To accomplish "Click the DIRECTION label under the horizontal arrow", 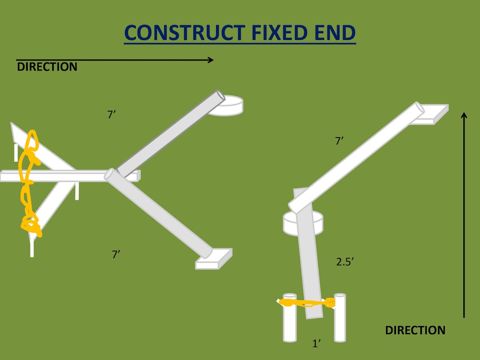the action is tap(47, 67).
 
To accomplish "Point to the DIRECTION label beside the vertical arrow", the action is tap(415, 330).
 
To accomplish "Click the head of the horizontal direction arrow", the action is tap(211, 60).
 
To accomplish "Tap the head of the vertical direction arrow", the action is tap(464, 115).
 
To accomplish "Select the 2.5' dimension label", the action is tap(345, 262).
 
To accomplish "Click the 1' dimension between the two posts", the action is tap(316, 343).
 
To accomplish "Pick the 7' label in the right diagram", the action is tap(339, 141).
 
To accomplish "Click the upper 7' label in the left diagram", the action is tap(111, 114).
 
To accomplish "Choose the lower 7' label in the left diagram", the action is tap(116, 254).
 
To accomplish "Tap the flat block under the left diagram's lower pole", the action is tap(214, 259).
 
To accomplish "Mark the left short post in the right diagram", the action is tap(290, 318).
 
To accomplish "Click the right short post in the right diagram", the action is tap(340, 318).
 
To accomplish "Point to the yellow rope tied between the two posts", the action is tap(306, 303).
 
